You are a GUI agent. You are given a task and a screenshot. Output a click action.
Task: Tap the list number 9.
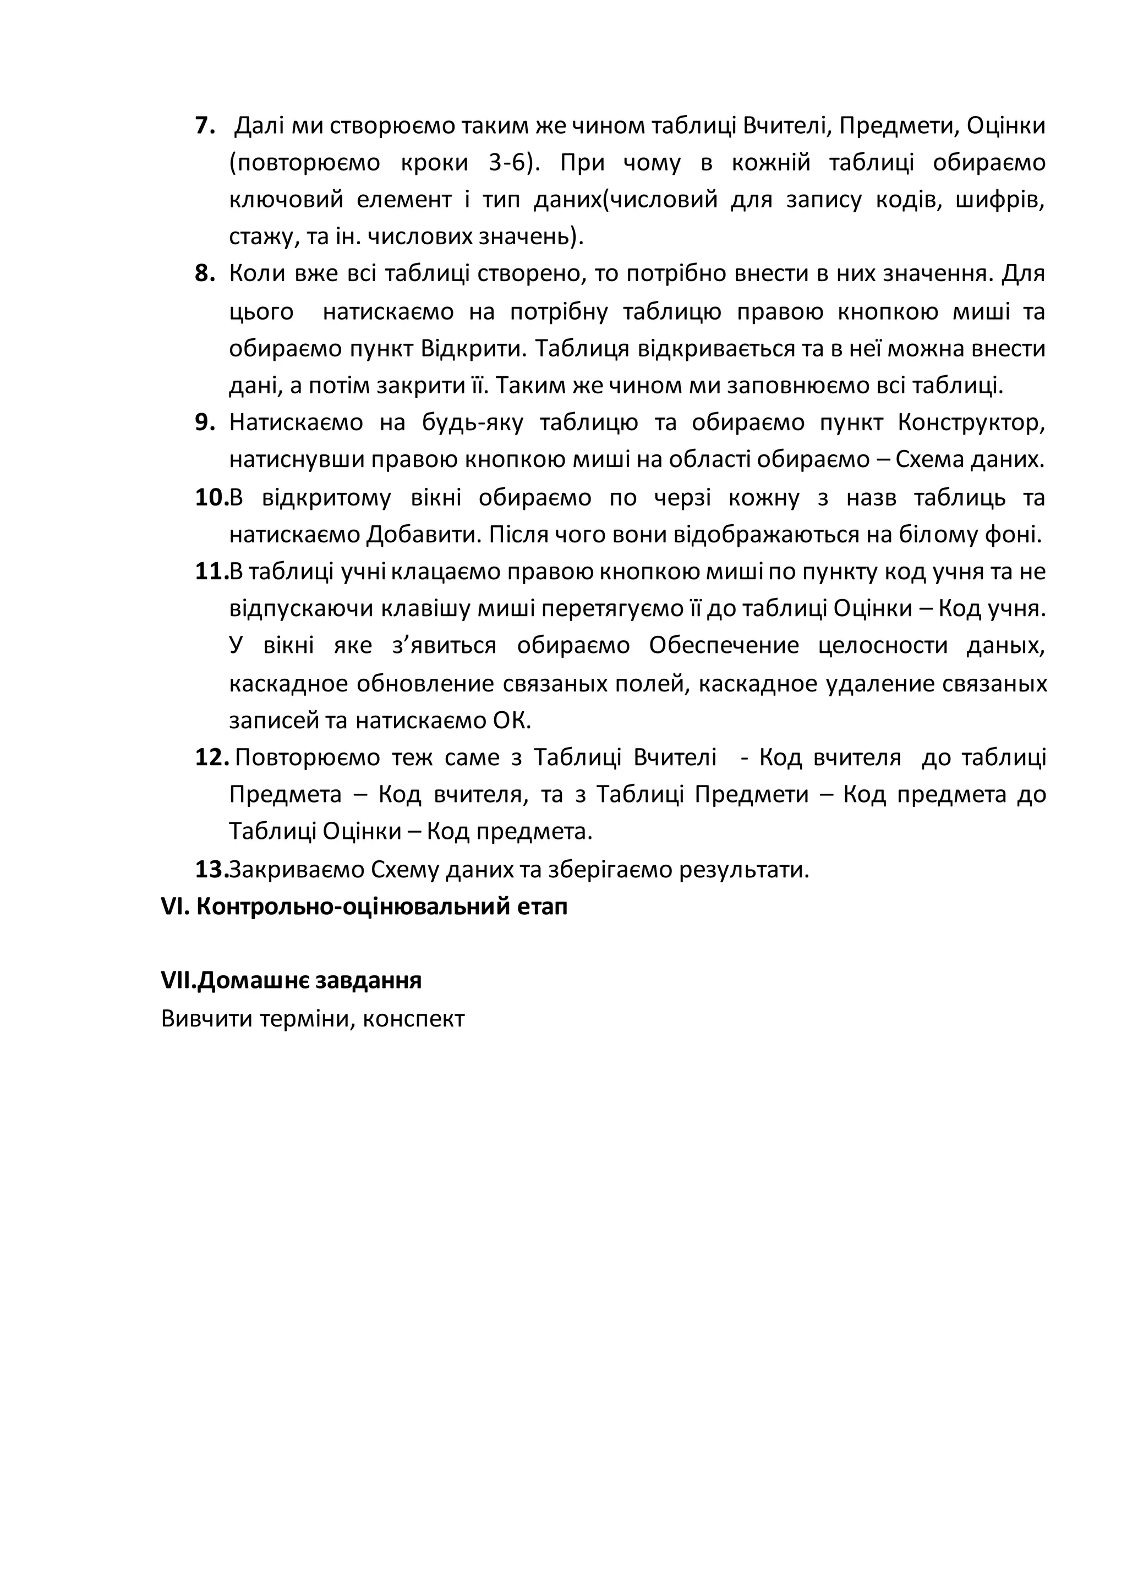(205, 422)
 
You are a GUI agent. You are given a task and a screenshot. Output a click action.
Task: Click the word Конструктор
(970, 422)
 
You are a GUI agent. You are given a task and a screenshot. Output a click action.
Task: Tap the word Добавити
(424, 535)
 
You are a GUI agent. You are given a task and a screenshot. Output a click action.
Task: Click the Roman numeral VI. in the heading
(175, 907)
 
